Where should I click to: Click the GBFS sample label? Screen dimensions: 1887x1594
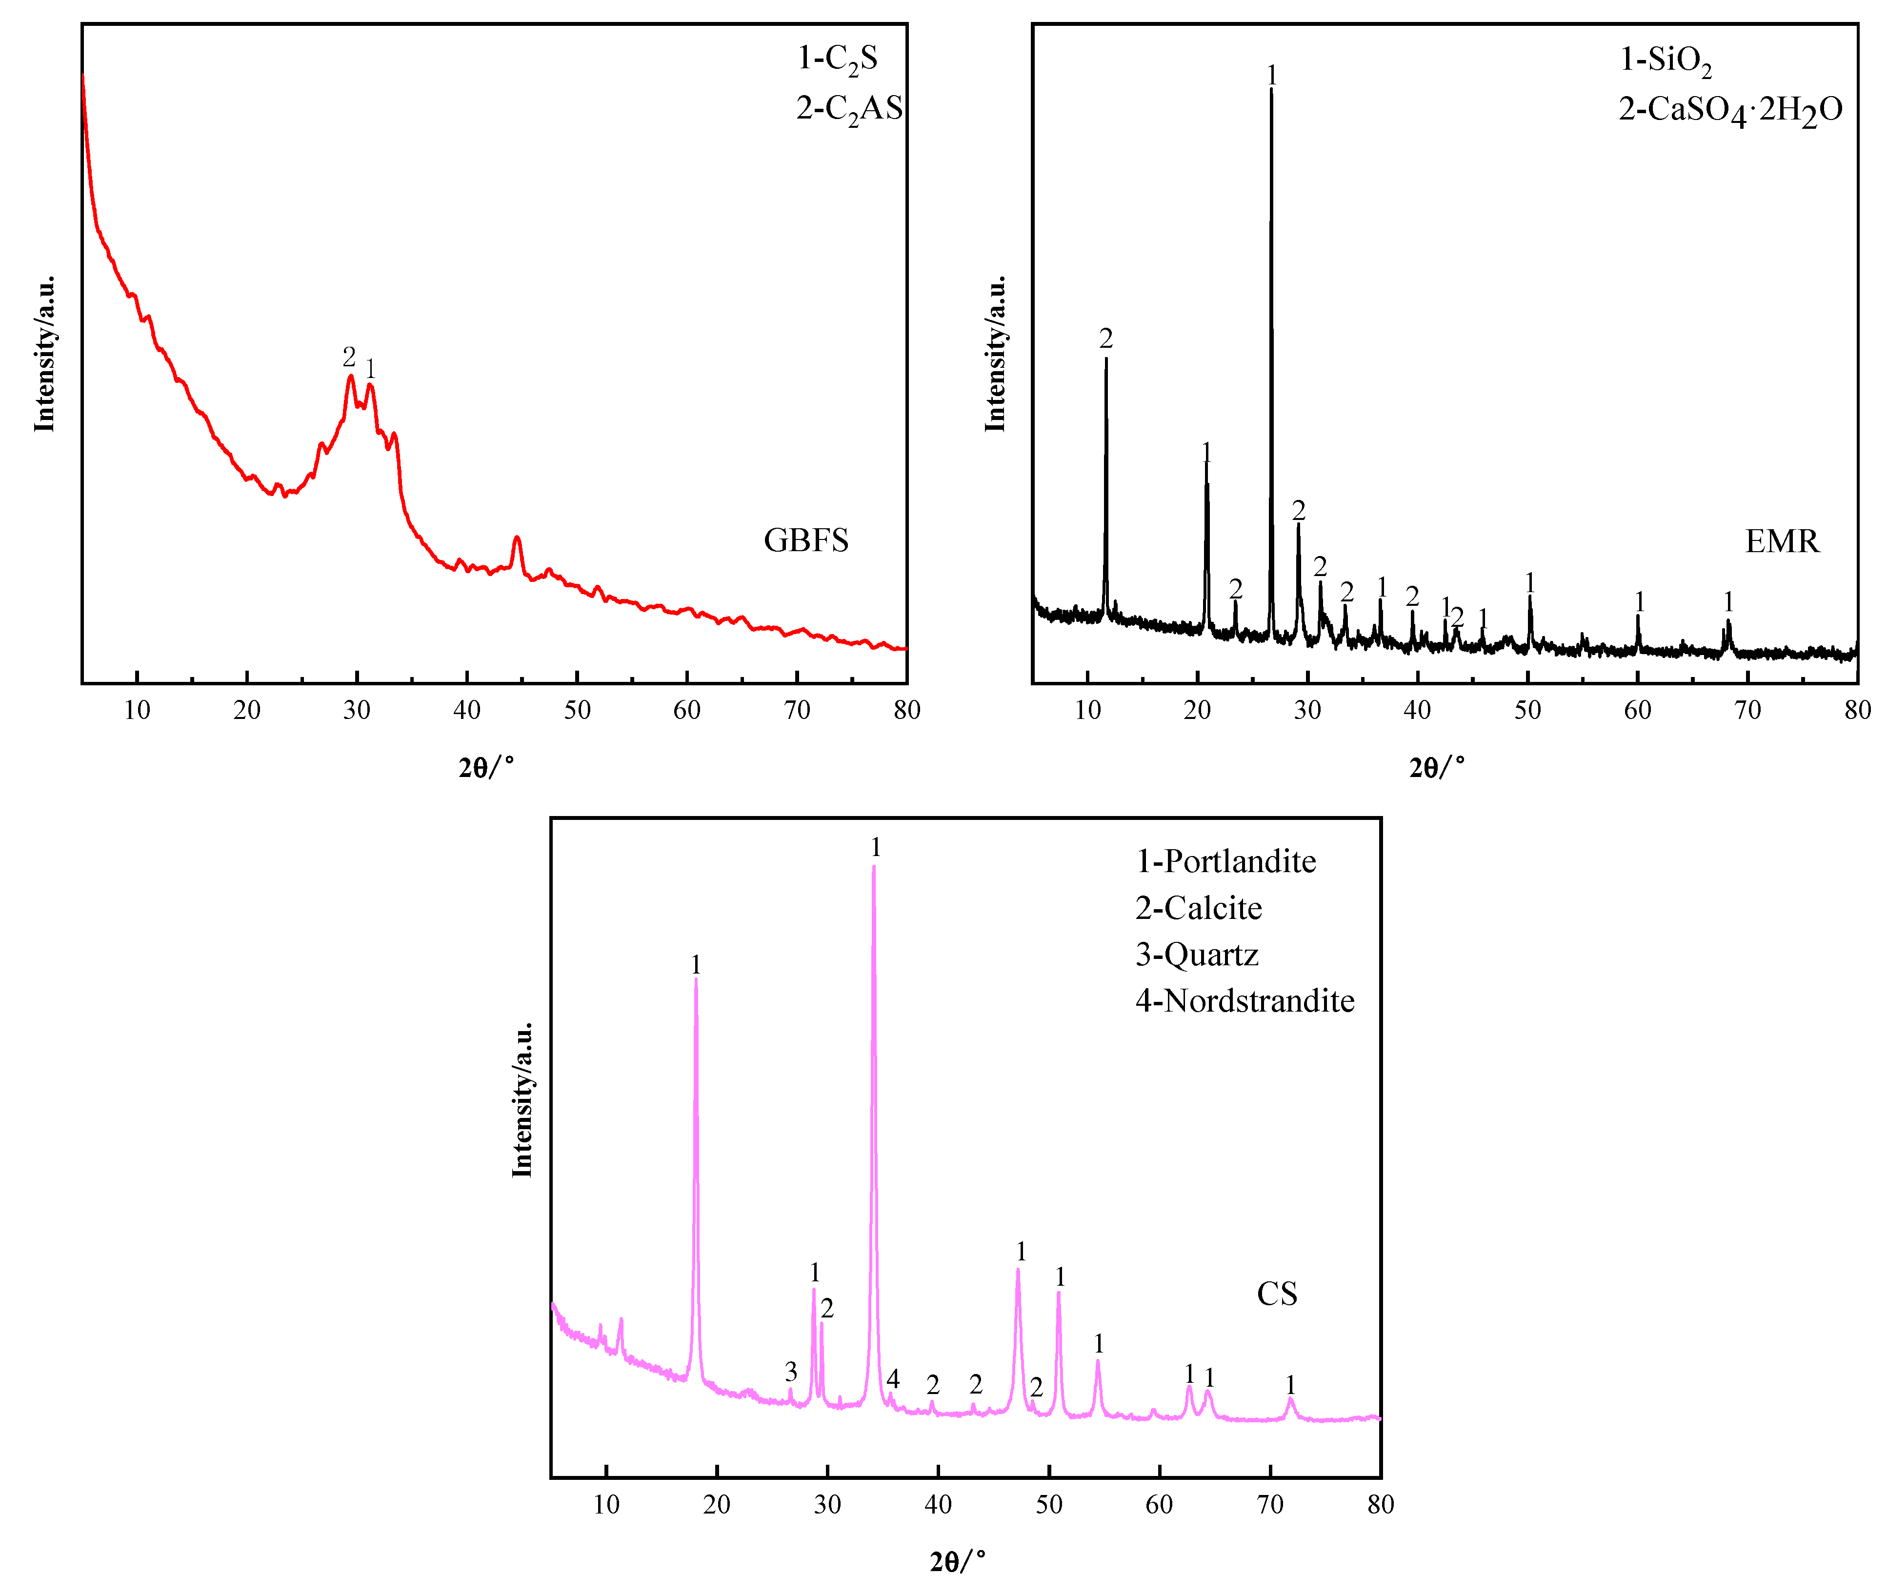[x=805, y=540]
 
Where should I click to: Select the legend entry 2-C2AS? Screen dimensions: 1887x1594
[x=848, y=108]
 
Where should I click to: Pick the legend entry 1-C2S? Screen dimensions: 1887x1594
[x=837, y=59]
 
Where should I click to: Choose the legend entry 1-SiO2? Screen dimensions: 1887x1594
[x=1665, y=60]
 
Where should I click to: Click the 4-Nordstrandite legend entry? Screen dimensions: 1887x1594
[x=1245, y=1001]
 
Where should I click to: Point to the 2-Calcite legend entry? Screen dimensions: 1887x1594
[x=1198, y=908]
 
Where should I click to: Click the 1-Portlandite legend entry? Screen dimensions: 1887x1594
[x=1225, y=861]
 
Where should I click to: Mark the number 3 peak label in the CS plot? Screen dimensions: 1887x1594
[x=791, y=1372]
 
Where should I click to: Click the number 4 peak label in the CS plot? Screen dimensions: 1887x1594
[x=893, y=1379]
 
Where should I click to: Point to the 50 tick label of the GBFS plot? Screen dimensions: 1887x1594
[x=577, y=710]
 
